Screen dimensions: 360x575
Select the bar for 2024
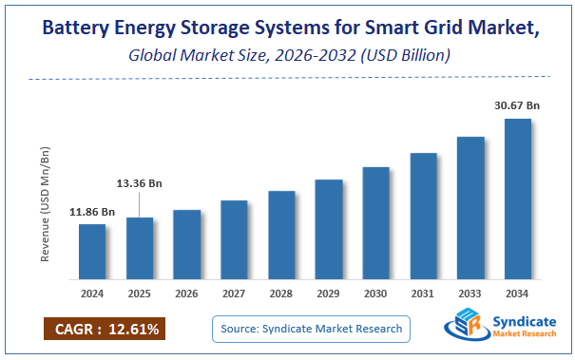click(92, 253)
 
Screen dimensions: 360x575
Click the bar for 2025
click(140, 249)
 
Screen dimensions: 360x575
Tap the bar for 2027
click(234, 240)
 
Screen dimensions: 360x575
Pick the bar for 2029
click(329, 230)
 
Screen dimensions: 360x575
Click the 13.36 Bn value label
click(140, 181)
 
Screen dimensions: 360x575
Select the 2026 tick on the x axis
click(186, 294)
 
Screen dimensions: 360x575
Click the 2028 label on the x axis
click(281, 294)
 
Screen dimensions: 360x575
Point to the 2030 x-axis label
click(375, 294)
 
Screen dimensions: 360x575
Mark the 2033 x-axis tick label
click(470, 294)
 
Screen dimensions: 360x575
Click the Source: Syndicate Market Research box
click(311, 329)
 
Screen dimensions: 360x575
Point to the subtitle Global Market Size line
click(287, 58)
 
